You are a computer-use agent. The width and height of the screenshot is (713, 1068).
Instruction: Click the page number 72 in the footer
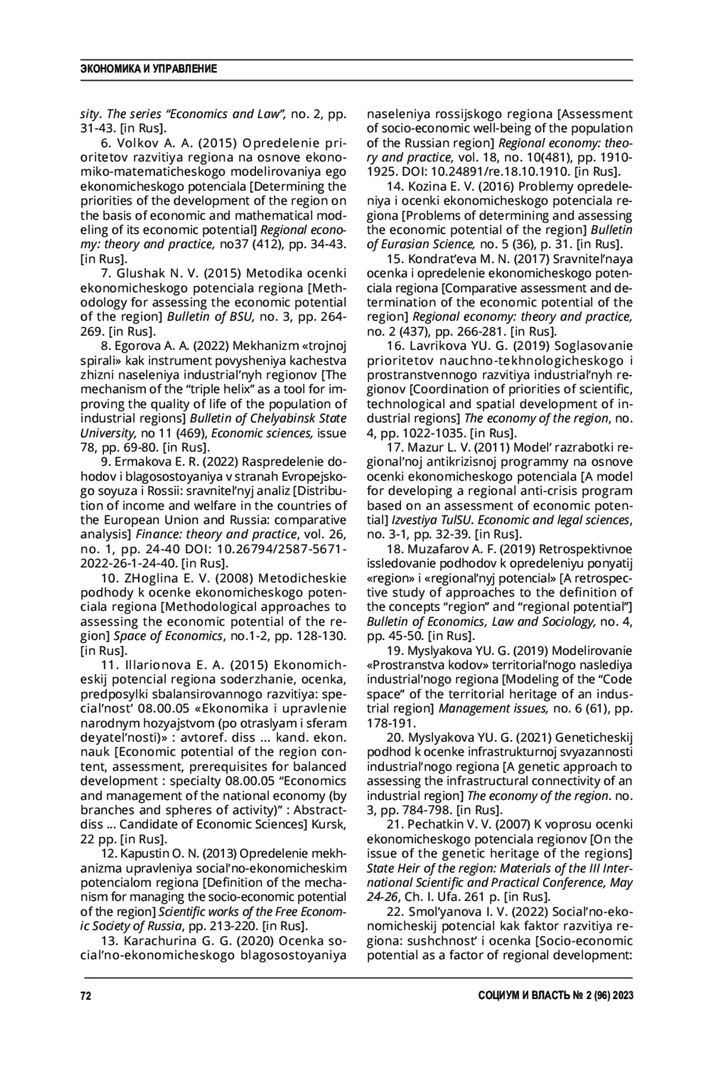pos(86,996)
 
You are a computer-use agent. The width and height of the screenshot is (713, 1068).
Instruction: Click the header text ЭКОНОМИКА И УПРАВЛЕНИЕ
pos(148,70)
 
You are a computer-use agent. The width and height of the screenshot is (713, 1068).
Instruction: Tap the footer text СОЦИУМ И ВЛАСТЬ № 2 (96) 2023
pos(556,996)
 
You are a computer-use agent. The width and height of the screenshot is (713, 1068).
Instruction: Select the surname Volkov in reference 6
pos(134,144)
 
